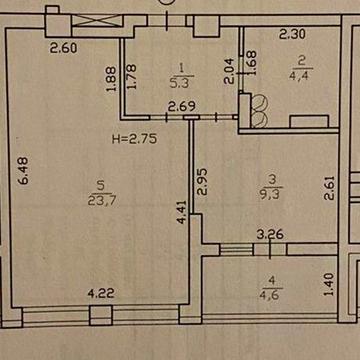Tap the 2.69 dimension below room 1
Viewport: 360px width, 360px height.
click(x=181, y=107)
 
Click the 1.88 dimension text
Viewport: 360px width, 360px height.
click(x=112, y=75)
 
